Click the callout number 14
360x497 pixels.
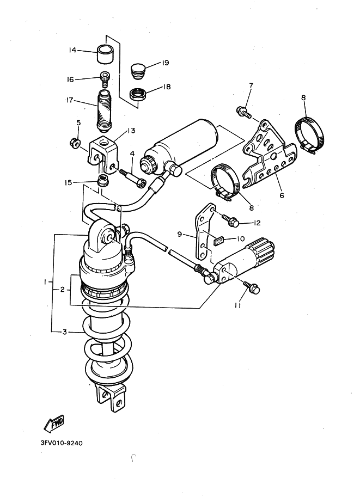point(72,51)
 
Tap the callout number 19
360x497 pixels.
point(165,63)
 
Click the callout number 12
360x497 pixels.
point(258,223)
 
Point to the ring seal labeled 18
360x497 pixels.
point(138,94)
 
